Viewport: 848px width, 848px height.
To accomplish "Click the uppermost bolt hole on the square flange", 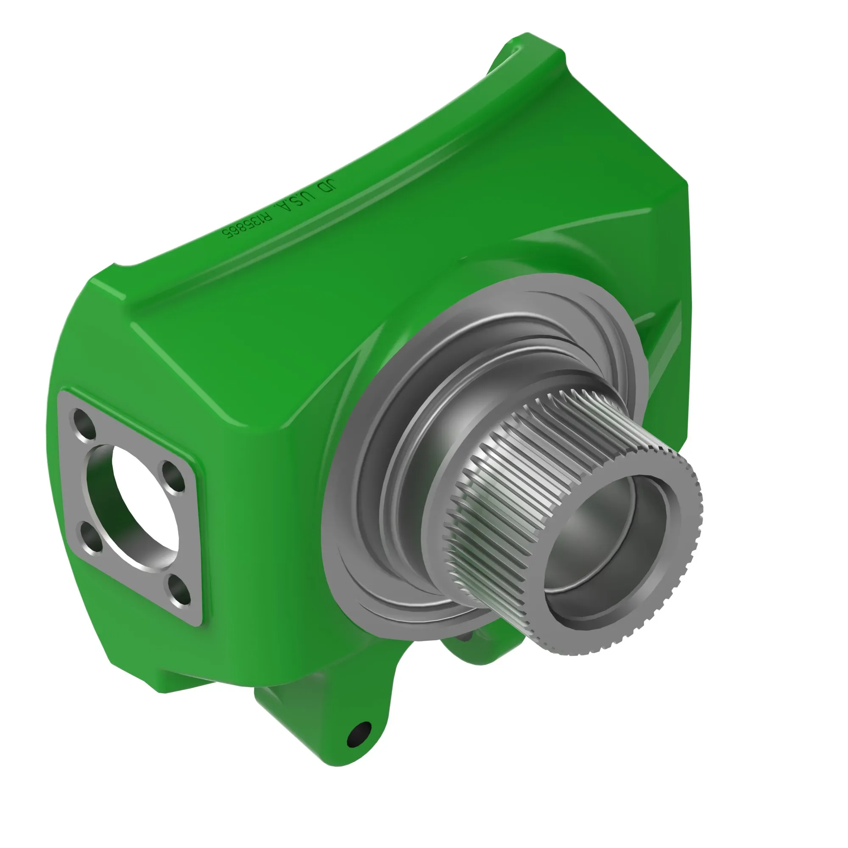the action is (85, 424).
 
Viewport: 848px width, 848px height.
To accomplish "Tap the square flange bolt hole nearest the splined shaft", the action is (174, 476).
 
